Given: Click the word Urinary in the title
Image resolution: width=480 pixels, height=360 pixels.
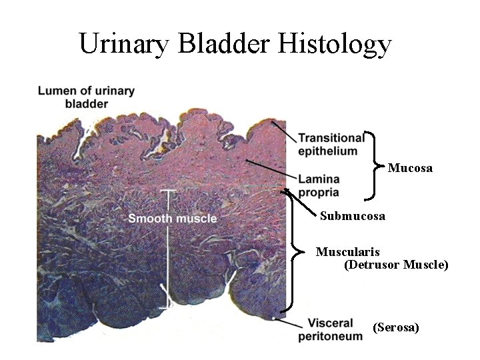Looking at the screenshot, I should tap(125, 45).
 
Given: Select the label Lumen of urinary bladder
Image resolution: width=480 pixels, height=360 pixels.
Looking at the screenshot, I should tap(87, 97).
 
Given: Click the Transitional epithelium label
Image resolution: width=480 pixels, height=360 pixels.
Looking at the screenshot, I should tap(331, 144).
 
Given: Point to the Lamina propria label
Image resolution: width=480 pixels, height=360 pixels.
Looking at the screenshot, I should tap(319, 186).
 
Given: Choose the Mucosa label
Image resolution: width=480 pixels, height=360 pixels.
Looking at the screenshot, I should tap(410, 168).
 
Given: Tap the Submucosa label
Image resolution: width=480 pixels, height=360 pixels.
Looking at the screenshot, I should tap(352, 216).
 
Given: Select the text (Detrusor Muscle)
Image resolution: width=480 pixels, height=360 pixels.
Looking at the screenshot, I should tap(396, 265).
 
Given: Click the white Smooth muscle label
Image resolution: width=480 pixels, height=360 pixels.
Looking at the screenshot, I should tap(173, 218).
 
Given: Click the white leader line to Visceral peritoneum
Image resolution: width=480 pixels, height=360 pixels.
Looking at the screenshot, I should tap(287, 323).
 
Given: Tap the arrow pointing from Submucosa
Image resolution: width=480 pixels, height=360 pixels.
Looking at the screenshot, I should tap(301, 203).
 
